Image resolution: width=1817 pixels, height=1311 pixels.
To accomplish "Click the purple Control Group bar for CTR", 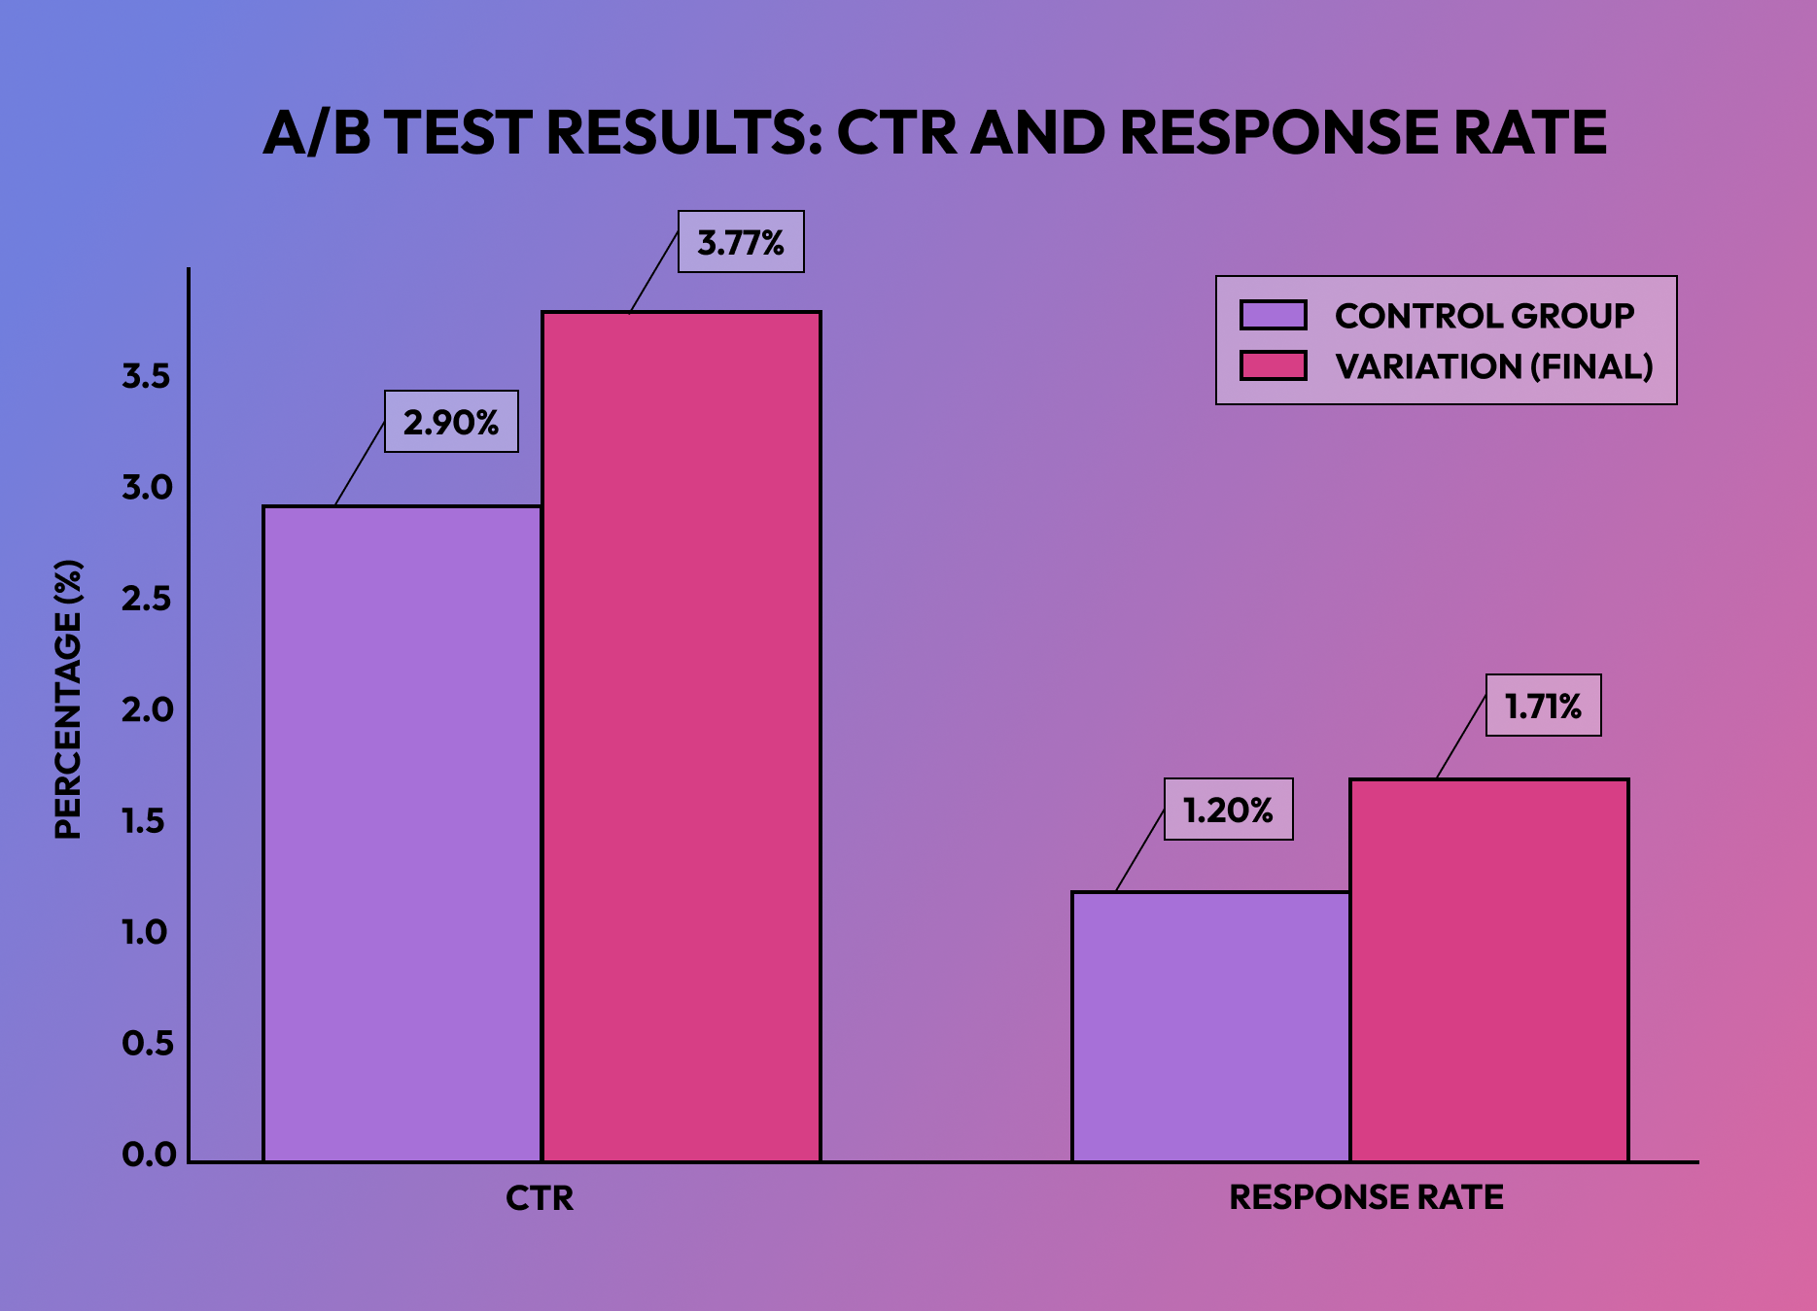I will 402,833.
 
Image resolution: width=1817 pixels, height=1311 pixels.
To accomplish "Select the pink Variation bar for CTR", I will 681,736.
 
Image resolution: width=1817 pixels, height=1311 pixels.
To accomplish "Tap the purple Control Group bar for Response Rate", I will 1210,1026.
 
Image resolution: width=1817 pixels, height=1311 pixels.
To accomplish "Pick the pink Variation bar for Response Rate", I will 1488,970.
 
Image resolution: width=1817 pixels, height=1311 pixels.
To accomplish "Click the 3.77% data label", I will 741,242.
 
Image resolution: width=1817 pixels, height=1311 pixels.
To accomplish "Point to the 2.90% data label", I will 451,422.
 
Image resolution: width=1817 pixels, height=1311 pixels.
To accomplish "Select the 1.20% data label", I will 1228,810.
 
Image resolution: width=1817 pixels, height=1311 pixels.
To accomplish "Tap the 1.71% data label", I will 1543,706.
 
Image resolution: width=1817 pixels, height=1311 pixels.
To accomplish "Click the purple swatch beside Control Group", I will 1273,315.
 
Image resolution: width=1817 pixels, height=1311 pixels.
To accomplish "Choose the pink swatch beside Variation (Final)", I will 1273,366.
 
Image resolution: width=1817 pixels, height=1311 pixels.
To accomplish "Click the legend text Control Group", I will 1484,316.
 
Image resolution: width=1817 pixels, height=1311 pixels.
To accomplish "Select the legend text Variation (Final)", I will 1493,366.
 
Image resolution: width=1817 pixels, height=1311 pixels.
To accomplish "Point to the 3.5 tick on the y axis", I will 147,376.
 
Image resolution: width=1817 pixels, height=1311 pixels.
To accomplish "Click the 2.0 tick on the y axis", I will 147,709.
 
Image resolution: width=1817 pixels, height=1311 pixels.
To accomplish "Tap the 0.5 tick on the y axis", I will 147,1043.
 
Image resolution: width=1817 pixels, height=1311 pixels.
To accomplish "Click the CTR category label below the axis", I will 540,1197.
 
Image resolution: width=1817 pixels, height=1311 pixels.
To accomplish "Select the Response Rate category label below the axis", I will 1366,1197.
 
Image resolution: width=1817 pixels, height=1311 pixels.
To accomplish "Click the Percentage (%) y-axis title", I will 68,699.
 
